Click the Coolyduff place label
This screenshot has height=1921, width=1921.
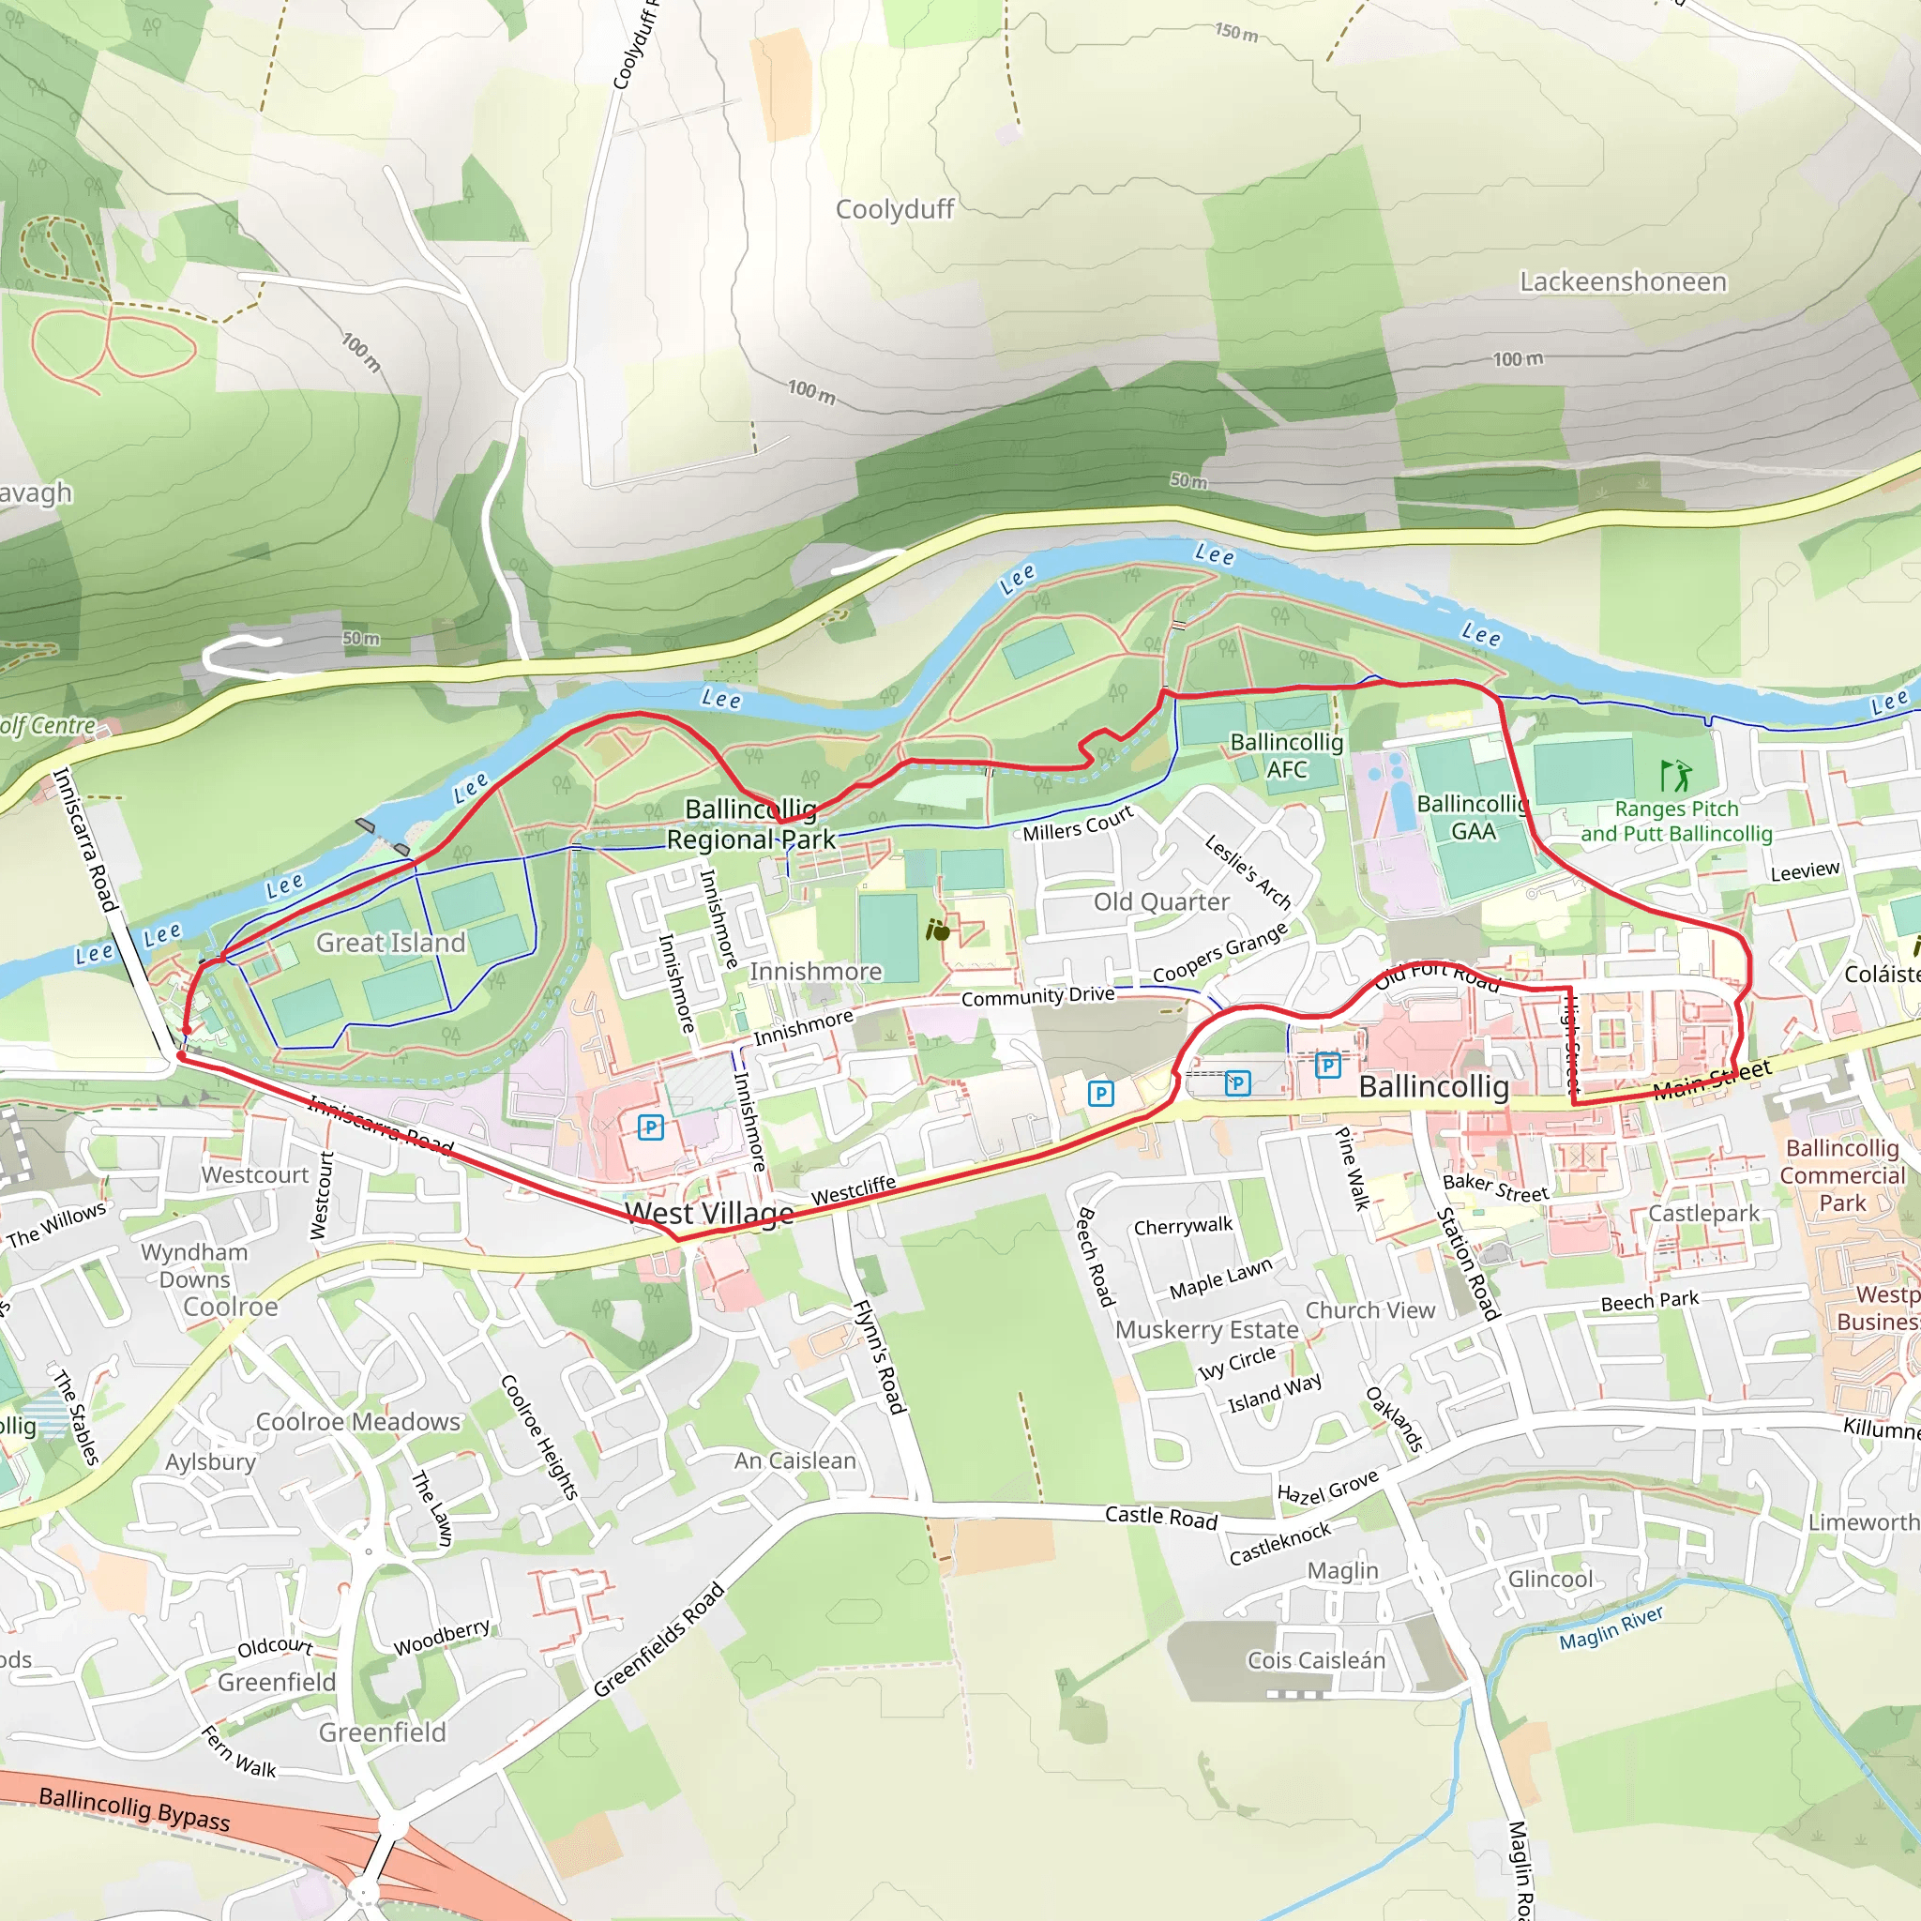tap(894, 210)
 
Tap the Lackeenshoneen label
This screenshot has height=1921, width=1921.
tap(1623, 282)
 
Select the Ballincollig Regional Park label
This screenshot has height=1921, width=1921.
tap(750, 824)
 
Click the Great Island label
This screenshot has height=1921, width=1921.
tap(391, 943)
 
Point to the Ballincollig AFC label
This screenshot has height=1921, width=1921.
tap(1287, 756)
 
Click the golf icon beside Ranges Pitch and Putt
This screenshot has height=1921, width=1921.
tap(1675, 775)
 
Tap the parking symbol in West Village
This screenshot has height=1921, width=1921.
tap(650, 1127)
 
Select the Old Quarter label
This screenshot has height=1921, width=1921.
tap(1161, 901)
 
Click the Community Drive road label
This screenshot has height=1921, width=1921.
tap(1037, 996)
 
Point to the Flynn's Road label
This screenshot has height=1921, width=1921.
tap(881, 1357)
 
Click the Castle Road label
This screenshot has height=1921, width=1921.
tap(1161, 1518)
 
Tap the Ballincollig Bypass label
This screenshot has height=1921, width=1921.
tap(134, 1808)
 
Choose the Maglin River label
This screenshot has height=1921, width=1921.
tap(1611, 1627)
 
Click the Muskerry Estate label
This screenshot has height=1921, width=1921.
tap(1206, 1329)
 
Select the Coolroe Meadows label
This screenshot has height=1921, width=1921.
tap(358, 1422)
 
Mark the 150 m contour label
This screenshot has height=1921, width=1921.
tap(1236, 33)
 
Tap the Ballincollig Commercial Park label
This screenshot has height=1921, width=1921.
tap(1842, 1175)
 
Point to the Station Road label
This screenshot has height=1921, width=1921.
tap(1468, 1263)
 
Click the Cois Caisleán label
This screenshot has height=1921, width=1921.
tap(1315, 1660)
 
